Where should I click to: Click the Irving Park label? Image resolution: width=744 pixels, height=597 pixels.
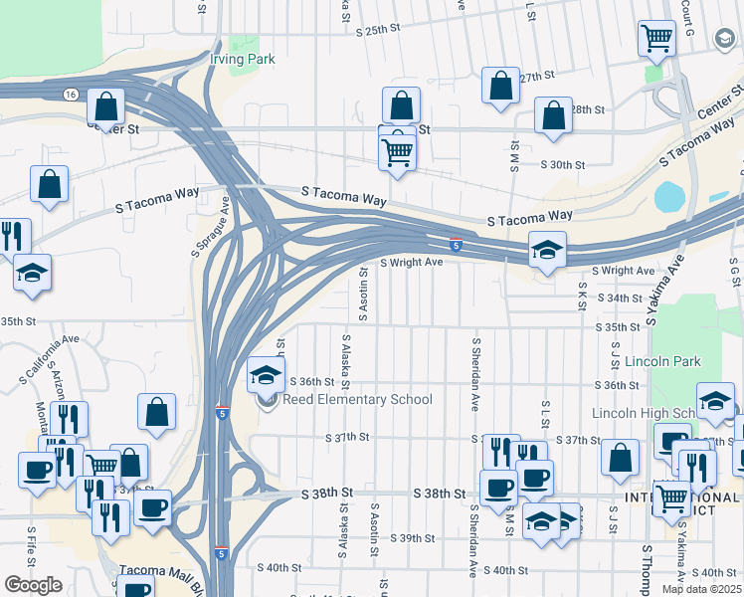[x=242, y=59]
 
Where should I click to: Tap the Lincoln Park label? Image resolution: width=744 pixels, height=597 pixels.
[x=646, y=362]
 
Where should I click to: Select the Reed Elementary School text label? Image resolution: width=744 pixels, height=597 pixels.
[x=357, y=400]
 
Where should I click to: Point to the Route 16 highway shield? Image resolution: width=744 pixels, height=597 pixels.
[x=69, y=94]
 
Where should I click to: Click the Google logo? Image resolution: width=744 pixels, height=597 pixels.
[x=33, y=585]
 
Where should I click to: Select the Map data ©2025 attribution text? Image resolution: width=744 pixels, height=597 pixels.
[x=700, y=589]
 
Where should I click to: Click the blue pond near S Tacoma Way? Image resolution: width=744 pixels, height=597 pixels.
[x=669, y=196]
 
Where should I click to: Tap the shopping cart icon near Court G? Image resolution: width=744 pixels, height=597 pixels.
[x=656, y=40]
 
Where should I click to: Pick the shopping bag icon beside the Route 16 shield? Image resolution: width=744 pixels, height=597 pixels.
[x=104, y=107]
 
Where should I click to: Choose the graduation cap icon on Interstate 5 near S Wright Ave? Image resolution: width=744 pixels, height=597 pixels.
[x=546, y=251]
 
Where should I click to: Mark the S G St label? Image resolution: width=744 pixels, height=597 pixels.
[x=734, y=273]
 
